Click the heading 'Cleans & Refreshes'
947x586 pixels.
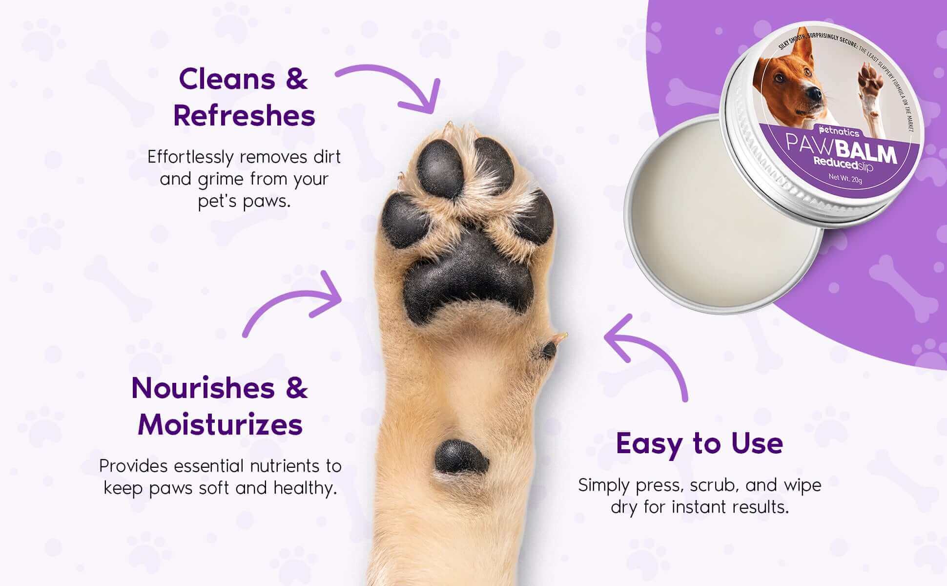pos(244,97)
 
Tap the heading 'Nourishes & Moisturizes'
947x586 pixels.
pos(220,406)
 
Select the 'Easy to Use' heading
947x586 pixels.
pos(700,443)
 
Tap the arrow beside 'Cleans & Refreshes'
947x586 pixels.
pos(391,85)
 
